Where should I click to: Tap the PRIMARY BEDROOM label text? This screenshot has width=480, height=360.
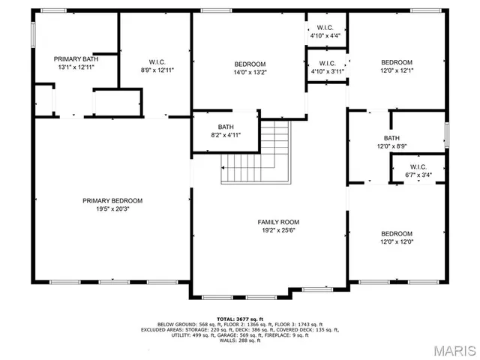click(x=112, y=200)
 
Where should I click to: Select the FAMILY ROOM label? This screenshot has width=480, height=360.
click(x=278, y=222)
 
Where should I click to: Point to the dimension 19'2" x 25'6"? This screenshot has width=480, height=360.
click(x=278, y=231)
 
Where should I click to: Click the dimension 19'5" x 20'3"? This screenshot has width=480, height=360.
click(x=112, y=209)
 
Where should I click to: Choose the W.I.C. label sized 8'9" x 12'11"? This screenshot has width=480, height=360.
click(x=157, y=61)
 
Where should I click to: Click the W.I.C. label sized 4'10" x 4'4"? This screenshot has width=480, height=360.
click(x=325, y=27)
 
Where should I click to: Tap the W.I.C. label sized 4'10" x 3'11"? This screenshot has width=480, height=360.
click(x=328, y=63)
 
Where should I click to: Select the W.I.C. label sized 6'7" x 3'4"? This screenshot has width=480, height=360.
click(x=418, y=166)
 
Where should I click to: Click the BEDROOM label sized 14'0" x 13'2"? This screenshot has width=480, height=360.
click(x=249, y=64)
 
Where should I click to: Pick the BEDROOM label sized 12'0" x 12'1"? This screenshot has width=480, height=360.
click(x=396, y=62)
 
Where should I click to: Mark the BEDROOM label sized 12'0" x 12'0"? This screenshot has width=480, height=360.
click(x=396, y=233)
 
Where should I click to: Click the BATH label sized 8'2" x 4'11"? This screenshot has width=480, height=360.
click(x=226, y=127)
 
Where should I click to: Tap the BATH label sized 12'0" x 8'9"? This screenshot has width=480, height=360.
click(x=391, y=138)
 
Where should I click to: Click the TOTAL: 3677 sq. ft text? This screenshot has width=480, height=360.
click(x=239, y=318)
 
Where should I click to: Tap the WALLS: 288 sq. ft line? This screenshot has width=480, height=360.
click(x=239, y=340)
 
